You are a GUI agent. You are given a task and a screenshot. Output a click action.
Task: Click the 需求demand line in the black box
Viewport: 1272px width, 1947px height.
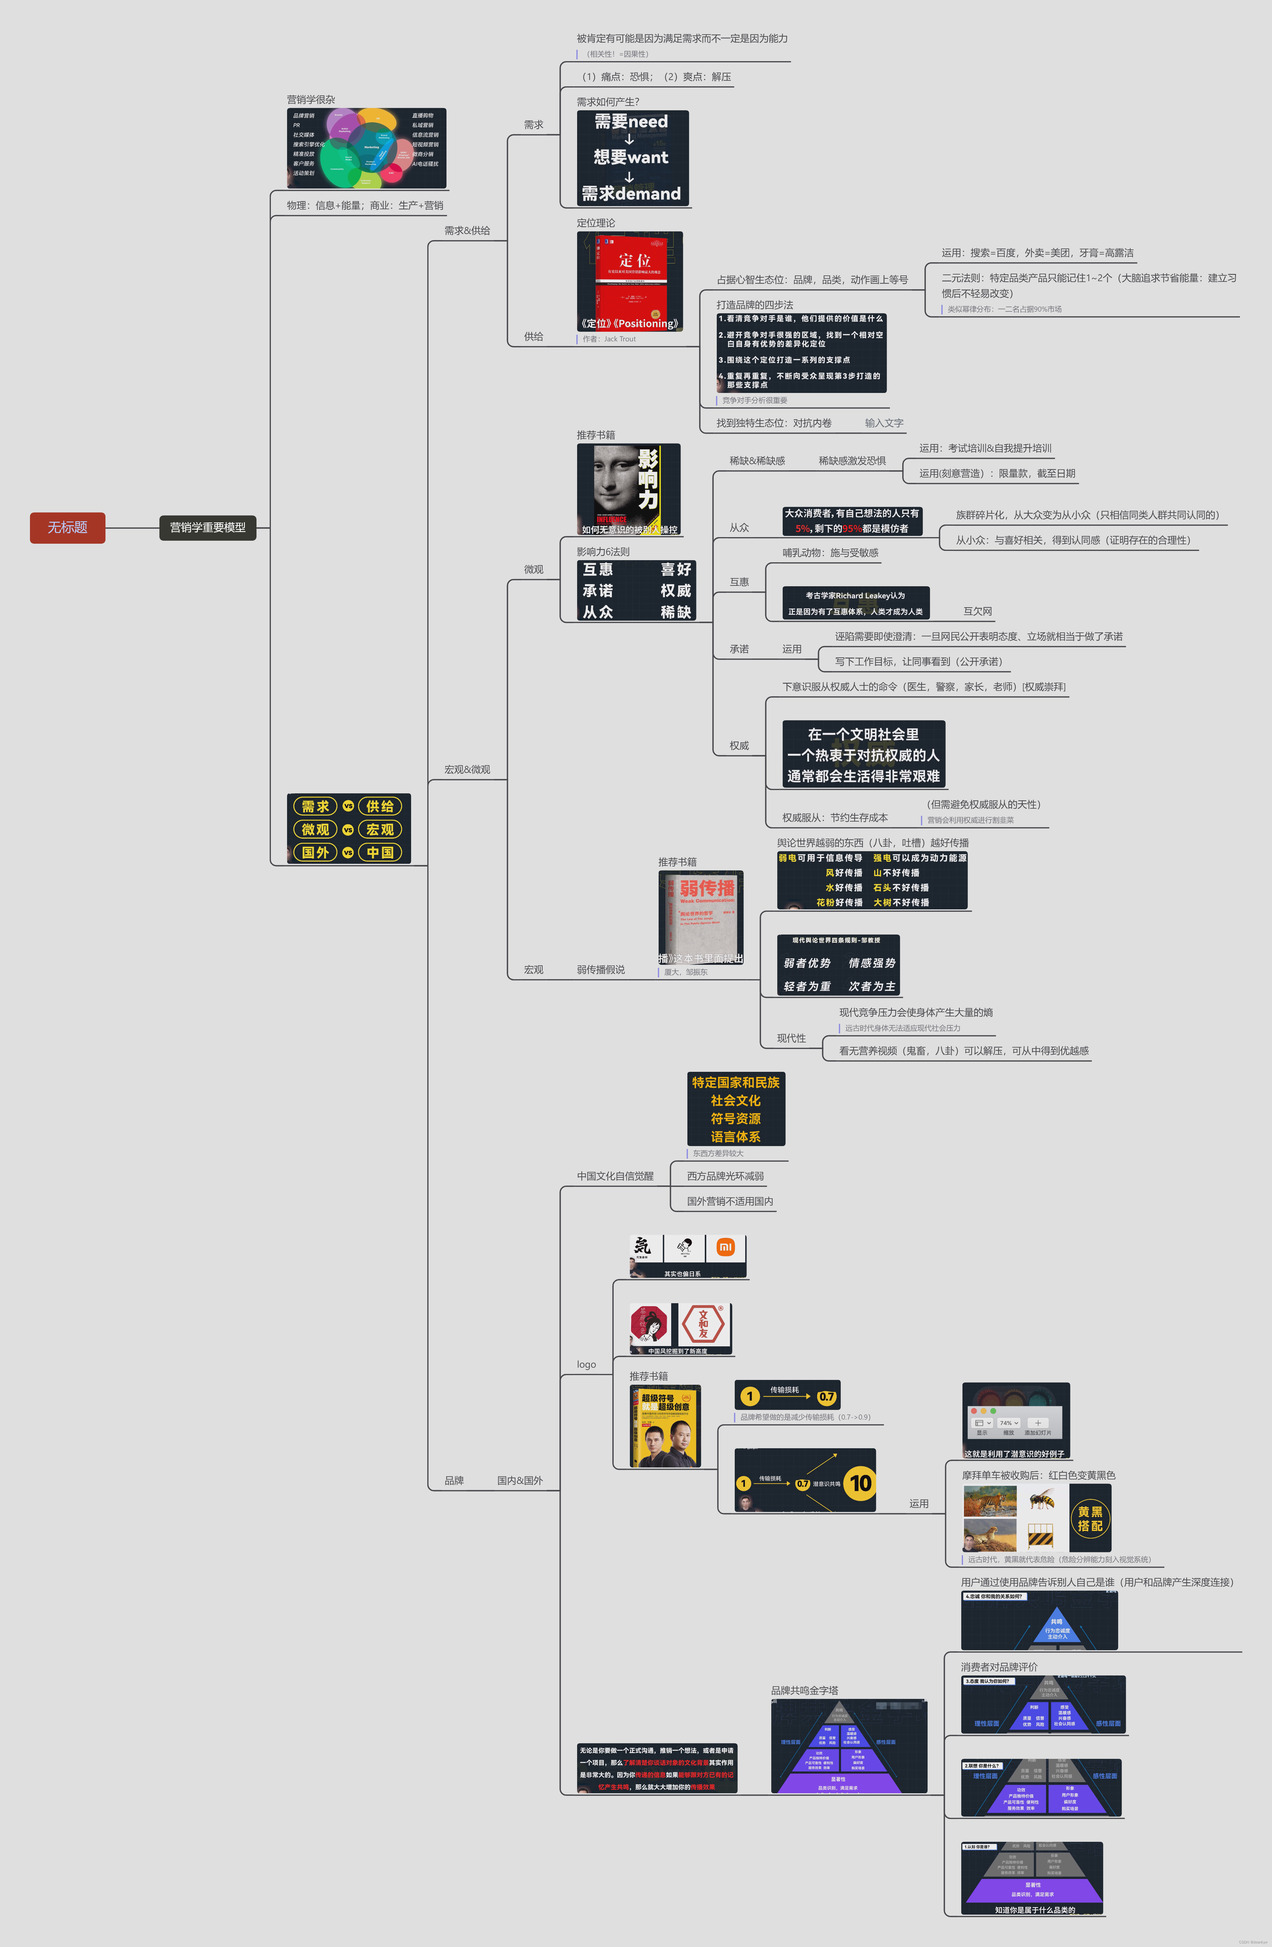pos(631,194)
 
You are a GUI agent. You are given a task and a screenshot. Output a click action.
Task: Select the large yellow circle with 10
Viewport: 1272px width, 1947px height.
pos(860,1483)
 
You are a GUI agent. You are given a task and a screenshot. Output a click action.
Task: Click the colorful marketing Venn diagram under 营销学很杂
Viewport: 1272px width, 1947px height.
pos(366,148)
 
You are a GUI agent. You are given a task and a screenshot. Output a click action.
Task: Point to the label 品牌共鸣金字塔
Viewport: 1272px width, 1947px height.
pos(804,1690)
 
